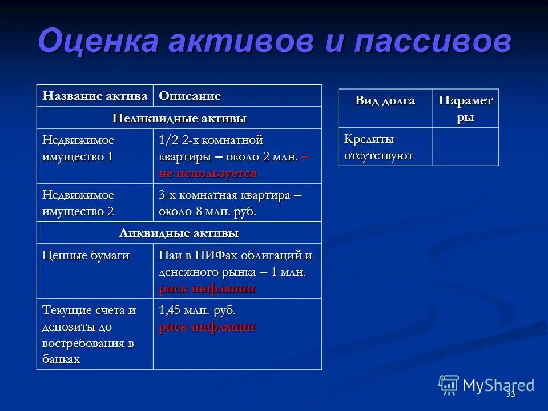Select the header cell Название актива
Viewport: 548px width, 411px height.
(95, 96)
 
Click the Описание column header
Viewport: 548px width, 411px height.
(190, 96)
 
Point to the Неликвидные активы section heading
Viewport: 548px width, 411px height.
(179, 118)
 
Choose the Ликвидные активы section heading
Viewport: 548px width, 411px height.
(179, 233)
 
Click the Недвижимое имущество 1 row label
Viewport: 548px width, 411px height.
(78, 148)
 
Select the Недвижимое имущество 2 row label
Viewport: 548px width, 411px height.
(78, 203)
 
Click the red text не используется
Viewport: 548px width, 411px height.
(208, 173)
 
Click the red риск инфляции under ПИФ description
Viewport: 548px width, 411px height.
(207, 288)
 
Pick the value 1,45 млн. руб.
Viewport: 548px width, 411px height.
(197, 311)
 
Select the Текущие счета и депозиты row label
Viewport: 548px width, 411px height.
(89, 335)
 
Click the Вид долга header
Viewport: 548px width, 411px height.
(385, 101)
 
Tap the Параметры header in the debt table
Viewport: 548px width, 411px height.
(465, 109)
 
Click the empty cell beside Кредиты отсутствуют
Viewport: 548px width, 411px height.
(465, 147)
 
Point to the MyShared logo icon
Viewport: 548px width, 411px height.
(449, 385)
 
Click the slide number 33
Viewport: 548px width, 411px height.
(510, 394)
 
